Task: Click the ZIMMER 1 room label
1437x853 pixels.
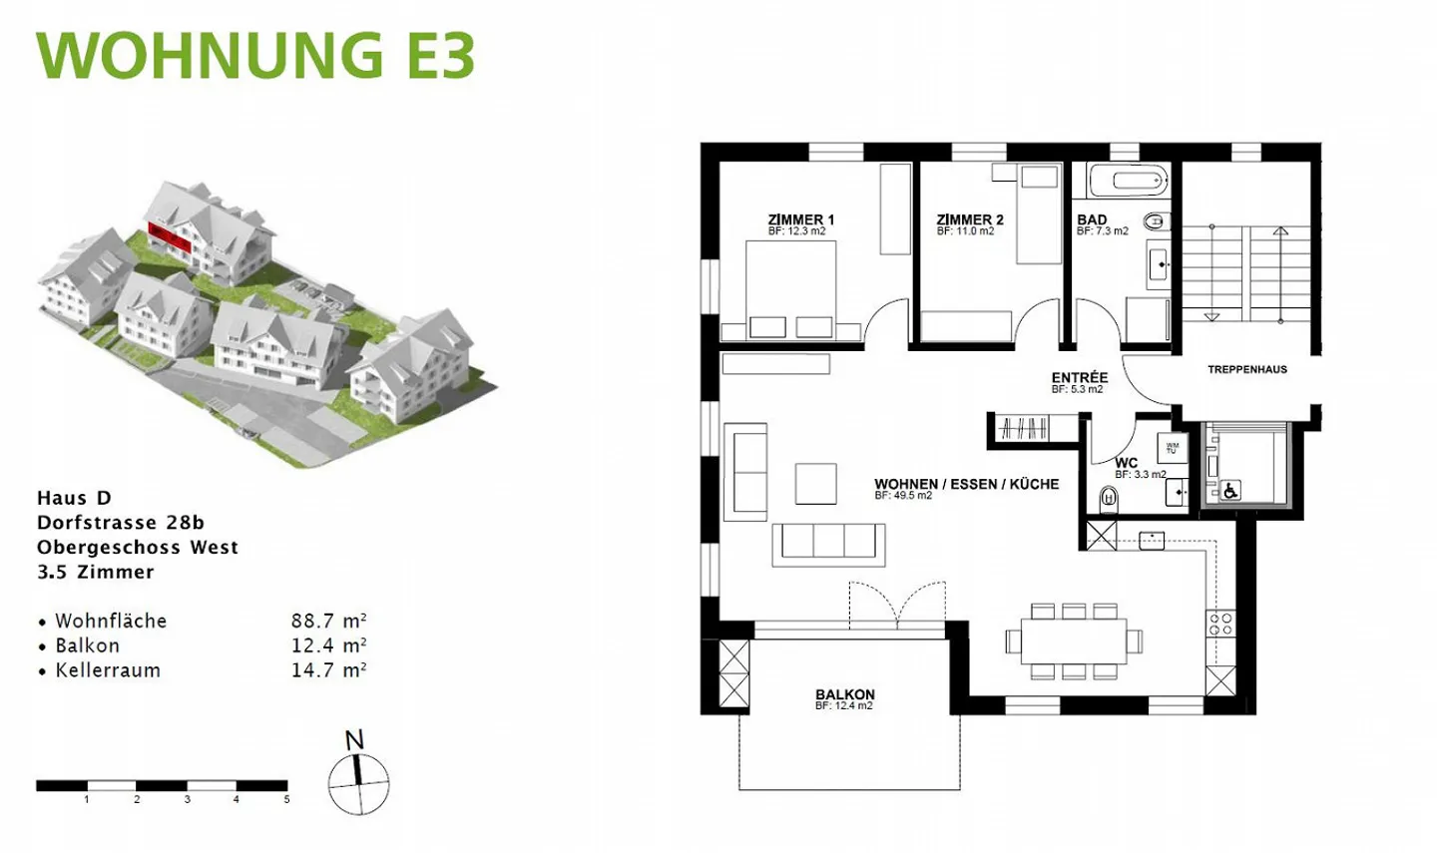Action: (801, 219)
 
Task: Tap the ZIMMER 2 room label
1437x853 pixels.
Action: (970, 219)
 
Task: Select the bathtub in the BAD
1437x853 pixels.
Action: (1130, 180)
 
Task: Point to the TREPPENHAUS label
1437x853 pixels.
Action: (1247, 369)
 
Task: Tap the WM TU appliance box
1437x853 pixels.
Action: (1172, 448)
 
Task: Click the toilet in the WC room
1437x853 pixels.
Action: (1109, 500)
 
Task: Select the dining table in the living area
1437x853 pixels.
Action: (1074, 640)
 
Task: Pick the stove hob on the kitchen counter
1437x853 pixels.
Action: (1220, 624)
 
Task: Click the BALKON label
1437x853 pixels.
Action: (845, 694)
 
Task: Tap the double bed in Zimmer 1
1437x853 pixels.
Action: (791, 290)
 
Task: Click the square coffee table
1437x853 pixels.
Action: (816, 484)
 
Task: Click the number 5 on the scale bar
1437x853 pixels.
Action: (286, 799)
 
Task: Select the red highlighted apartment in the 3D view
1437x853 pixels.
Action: (170, 235)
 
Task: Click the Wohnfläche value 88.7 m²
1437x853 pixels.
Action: (329, 621)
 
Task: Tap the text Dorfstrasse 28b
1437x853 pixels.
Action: (121, 523)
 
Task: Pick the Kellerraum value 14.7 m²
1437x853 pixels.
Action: (329, 670)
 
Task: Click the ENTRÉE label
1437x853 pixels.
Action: (1080, 378)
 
